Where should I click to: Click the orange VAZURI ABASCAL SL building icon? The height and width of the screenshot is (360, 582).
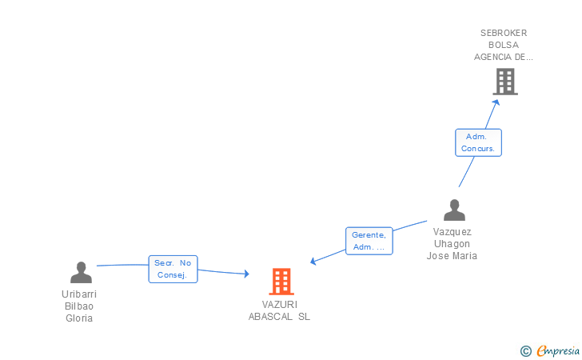(281, 282)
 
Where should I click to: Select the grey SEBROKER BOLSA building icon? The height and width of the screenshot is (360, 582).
(504, 82)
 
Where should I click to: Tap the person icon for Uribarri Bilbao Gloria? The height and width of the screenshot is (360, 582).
(81, 273)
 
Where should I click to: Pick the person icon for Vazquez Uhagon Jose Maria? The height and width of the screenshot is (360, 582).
(454, 210)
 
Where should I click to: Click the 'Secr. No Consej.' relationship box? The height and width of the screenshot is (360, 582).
(173, 269)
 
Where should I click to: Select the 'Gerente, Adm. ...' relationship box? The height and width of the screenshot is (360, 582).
(369, 241)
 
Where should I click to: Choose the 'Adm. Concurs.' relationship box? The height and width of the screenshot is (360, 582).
(478, 142)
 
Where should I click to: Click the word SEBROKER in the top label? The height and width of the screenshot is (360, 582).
(504, 33)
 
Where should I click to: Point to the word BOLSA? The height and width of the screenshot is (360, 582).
(504, 45)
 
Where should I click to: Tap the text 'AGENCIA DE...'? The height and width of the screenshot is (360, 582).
(504, 57)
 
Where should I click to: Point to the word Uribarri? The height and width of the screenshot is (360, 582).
(79, 294)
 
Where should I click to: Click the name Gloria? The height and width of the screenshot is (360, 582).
(79, 318)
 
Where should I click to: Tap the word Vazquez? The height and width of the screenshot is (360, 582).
(452, 232)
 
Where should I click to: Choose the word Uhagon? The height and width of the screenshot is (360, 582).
(452, 244)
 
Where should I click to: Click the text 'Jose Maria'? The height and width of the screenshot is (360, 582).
(452, 256)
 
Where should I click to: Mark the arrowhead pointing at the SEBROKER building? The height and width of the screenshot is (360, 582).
(496, 102)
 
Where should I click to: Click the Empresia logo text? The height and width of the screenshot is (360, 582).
(558, 350)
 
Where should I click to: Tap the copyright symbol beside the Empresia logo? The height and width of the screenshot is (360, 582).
(525, 350)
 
